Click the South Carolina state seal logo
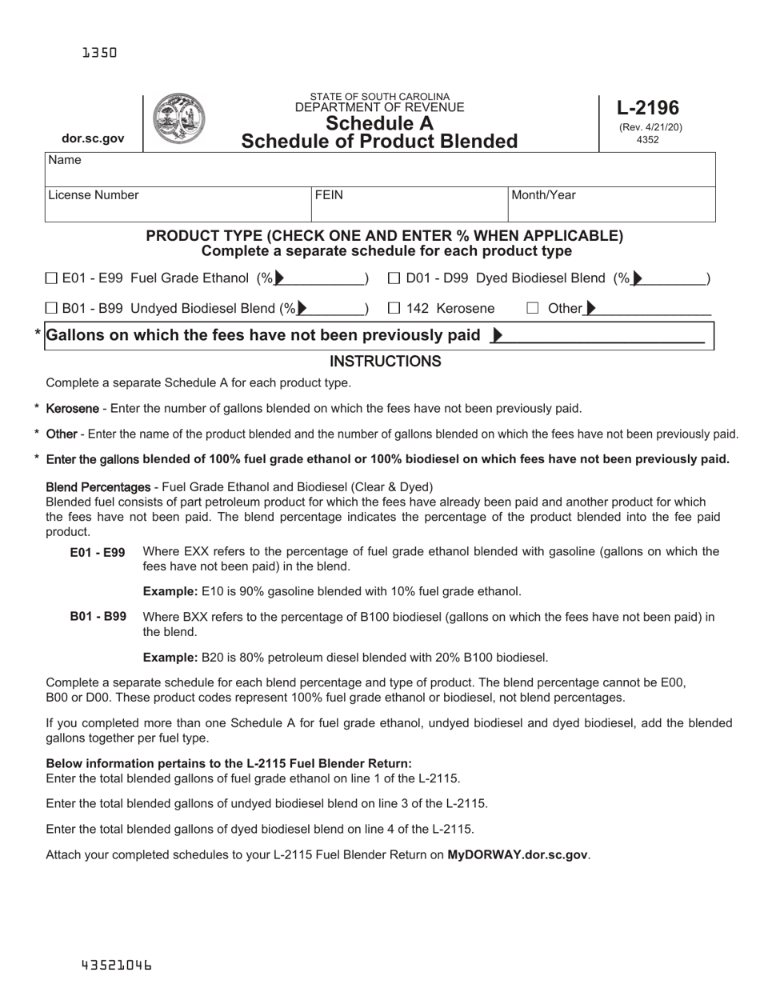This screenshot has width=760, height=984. coord(178,118)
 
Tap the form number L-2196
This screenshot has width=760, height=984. coord(648,107)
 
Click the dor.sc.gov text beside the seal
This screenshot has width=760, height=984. coord(93,138)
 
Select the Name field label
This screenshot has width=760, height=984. coord(65,160)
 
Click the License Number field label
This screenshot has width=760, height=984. coord(93,195)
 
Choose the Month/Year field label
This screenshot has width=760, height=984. coord(543,195)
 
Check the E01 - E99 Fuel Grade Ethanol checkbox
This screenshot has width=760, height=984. coord(52,278)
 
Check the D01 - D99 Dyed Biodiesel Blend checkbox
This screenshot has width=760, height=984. coord(394,278)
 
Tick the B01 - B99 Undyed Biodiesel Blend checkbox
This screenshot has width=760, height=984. coord(52,308)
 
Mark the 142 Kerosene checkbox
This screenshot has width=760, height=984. coord(394,308)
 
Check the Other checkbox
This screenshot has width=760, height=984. coord(533,308)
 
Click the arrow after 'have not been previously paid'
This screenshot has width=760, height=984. coord(497,336)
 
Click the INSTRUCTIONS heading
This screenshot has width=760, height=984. coord(385,362)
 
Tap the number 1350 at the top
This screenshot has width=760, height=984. coord(99,53)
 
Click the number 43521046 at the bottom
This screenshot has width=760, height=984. coord(116,965)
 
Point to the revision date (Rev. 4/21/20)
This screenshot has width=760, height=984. coord(650,127)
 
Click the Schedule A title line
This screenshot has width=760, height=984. coord(379,123)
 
